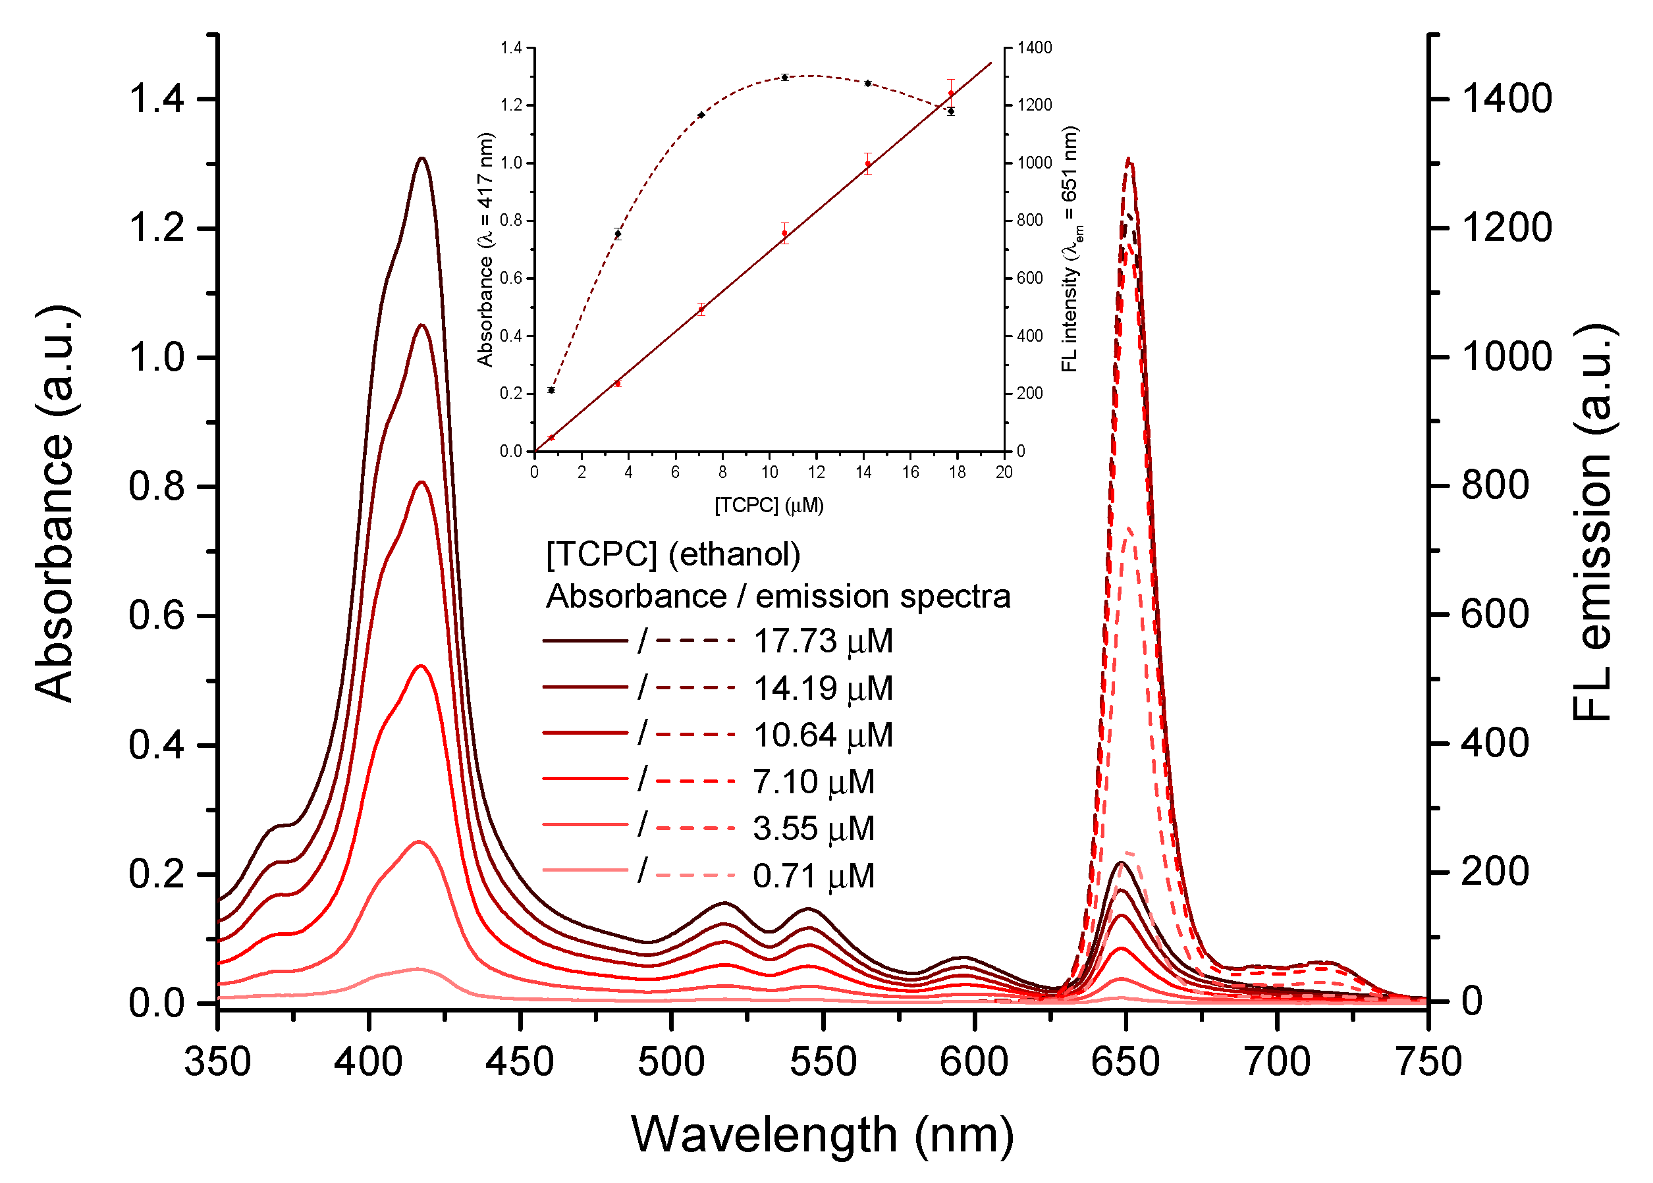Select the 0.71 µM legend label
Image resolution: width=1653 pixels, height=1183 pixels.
pos(813,876)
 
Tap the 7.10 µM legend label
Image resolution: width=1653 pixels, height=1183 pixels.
pos(813,782)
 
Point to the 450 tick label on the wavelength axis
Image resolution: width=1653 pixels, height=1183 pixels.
pos(520,1062)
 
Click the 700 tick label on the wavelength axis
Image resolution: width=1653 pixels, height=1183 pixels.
pos(1277,1062)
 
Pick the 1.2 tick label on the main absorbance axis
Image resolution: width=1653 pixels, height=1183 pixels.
pos(157,228)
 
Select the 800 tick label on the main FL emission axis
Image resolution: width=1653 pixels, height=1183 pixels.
pos(1495,485)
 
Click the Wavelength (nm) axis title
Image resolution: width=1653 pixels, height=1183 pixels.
pos(822,1135)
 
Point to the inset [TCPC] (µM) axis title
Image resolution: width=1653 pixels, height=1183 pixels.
pos(769,506)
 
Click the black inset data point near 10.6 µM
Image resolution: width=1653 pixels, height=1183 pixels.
pos(784,77)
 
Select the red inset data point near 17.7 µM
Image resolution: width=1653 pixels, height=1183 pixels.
pos(951,93)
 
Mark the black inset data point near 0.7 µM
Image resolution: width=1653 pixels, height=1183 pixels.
pos(551,390)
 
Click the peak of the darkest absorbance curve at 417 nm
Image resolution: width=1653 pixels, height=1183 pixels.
pos(421,158)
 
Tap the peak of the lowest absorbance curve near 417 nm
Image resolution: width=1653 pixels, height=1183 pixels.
pos(418,969)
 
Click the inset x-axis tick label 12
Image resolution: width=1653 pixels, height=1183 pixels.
pos(816,472)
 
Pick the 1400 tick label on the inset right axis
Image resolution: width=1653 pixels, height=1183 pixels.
pos(1035,48)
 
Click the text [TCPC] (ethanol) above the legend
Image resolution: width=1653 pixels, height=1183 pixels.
pos(673,555)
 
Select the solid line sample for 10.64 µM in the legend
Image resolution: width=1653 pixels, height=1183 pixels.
pos(585,733)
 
